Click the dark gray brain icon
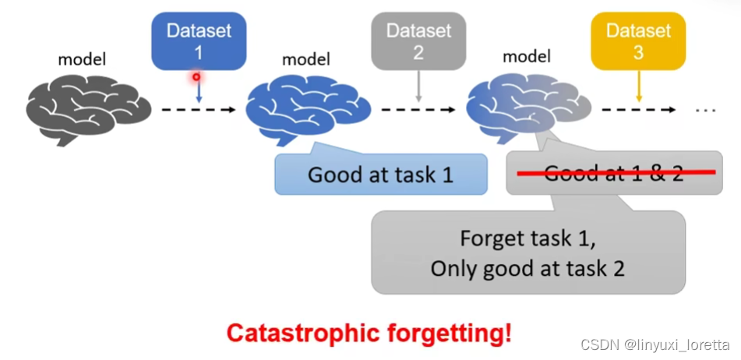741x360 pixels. tap(87, 108)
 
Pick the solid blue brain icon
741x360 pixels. tap(307, 108)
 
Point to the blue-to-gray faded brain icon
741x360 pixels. tap(527, 108)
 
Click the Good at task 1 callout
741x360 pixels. tap(380, 174)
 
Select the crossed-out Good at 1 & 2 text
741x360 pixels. tap(613, 173)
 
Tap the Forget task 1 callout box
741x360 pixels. tap(528, 252)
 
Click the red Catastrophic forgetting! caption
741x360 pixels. tap(369, 334)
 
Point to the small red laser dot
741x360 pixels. tap(196, 76)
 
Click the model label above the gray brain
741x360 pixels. tap(82, 58)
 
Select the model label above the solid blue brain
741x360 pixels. tap(305, 58)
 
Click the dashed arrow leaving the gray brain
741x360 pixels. tap(198, 109)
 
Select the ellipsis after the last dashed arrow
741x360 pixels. tap(705, 110)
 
